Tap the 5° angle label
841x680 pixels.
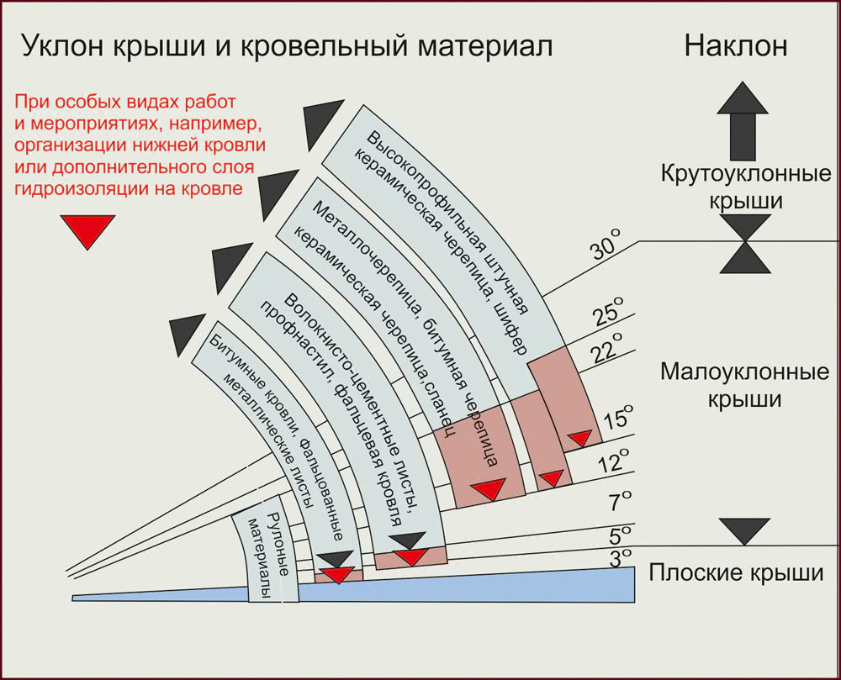(x=621, y=535)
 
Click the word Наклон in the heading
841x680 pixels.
(x=736, y=45)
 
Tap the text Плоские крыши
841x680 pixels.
(x=735, y=574)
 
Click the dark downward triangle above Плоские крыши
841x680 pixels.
(x=744, y=530)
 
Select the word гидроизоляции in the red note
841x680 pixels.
(x=71, y=189)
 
